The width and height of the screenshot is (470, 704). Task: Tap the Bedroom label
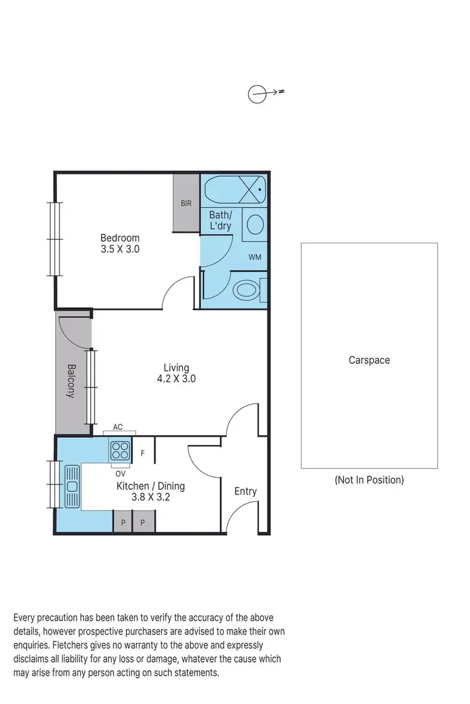point(120,238)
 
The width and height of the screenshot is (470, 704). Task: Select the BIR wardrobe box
point(186,203)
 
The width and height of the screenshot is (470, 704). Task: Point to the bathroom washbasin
point(255,224)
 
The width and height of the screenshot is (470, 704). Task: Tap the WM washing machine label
point(254,257)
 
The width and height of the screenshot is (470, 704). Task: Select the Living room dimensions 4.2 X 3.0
point(176,379)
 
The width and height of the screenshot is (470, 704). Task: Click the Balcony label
point(72,381)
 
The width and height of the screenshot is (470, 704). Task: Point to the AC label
point(117,427)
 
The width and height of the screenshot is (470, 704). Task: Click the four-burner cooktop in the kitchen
point(120,449)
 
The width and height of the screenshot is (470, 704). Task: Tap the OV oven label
point(120,473)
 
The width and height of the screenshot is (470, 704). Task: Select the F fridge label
point(143,453)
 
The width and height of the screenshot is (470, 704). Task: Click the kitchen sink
point(71,485)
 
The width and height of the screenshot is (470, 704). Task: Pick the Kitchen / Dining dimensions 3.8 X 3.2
point(150,498)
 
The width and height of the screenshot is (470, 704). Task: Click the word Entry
point(245,491)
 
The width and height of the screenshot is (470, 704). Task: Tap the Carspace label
point(369,360)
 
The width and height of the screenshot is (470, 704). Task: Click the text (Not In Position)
point(369,480)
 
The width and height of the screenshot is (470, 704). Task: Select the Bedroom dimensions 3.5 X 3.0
point(120,249)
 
